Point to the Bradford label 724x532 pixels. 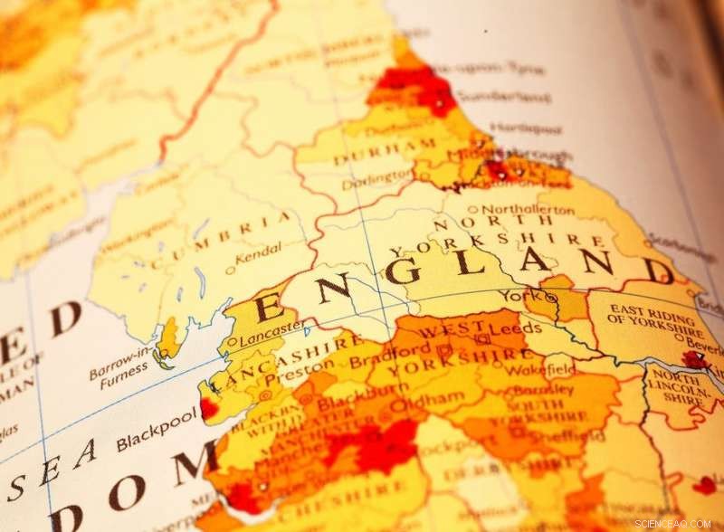400,349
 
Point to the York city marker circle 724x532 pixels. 551,296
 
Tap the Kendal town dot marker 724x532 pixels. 230,269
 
